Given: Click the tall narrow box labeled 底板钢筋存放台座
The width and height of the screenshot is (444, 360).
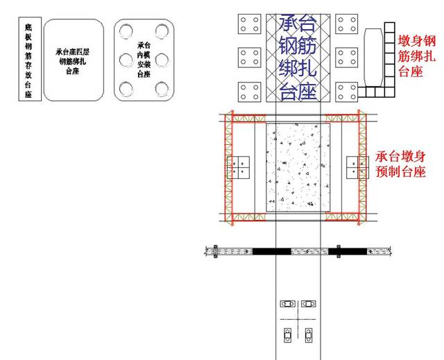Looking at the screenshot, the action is (x=30, y=59).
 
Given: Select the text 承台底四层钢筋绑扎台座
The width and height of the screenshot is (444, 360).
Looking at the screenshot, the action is (x=72, y=62).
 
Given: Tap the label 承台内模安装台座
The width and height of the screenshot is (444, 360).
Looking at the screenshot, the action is (x=144, y=60).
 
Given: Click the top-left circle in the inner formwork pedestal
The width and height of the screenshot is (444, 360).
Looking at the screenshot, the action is (x=126, y=31).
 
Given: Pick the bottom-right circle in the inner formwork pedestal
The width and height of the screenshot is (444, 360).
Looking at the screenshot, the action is (x=162, y=89).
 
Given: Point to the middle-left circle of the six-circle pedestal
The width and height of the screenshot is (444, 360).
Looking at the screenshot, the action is (x=126, y=60).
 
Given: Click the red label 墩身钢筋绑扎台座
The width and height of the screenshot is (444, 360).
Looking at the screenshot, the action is (x=416, y=56).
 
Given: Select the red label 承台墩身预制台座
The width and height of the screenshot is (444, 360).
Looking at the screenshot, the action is (x=401, y=164).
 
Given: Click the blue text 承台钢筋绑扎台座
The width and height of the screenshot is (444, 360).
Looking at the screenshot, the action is (x=298, y=58).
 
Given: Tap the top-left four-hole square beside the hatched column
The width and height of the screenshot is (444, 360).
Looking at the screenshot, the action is (x=250, y=24).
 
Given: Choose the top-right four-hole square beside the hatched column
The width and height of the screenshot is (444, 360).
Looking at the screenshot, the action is (x=347, y=24).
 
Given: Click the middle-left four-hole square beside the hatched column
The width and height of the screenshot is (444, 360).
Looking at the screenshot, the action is (x=250, y=58).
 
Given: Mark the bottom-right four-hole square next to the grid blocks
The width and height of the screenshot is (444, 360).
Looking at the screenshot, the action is (x=347, y=92).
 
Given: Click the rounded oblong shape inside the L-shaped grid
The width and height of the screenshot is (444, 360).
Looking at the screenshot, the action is (x=374, y=57).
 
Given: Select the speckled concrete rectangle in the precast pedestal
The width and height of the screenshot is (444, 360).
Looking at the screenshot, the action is (x=298, y=167).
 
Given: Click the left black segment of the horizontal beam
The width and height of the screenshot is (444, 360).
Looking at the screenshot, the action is (x=272, y=251).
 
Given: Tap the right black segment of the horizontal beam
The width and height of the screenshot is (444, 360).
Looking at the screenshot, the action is (x=348, y=251).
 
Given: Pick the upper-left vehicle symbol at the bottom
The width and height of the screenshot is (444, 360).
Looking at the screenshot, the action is (x=288, y=304).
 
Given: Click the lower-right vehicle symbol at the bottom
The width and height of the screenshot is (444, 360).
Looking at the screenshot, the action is (x=309, y=336).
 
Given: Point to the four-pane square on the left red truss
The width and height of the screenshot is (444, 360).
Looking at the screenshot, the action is (x=238, y=168).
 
